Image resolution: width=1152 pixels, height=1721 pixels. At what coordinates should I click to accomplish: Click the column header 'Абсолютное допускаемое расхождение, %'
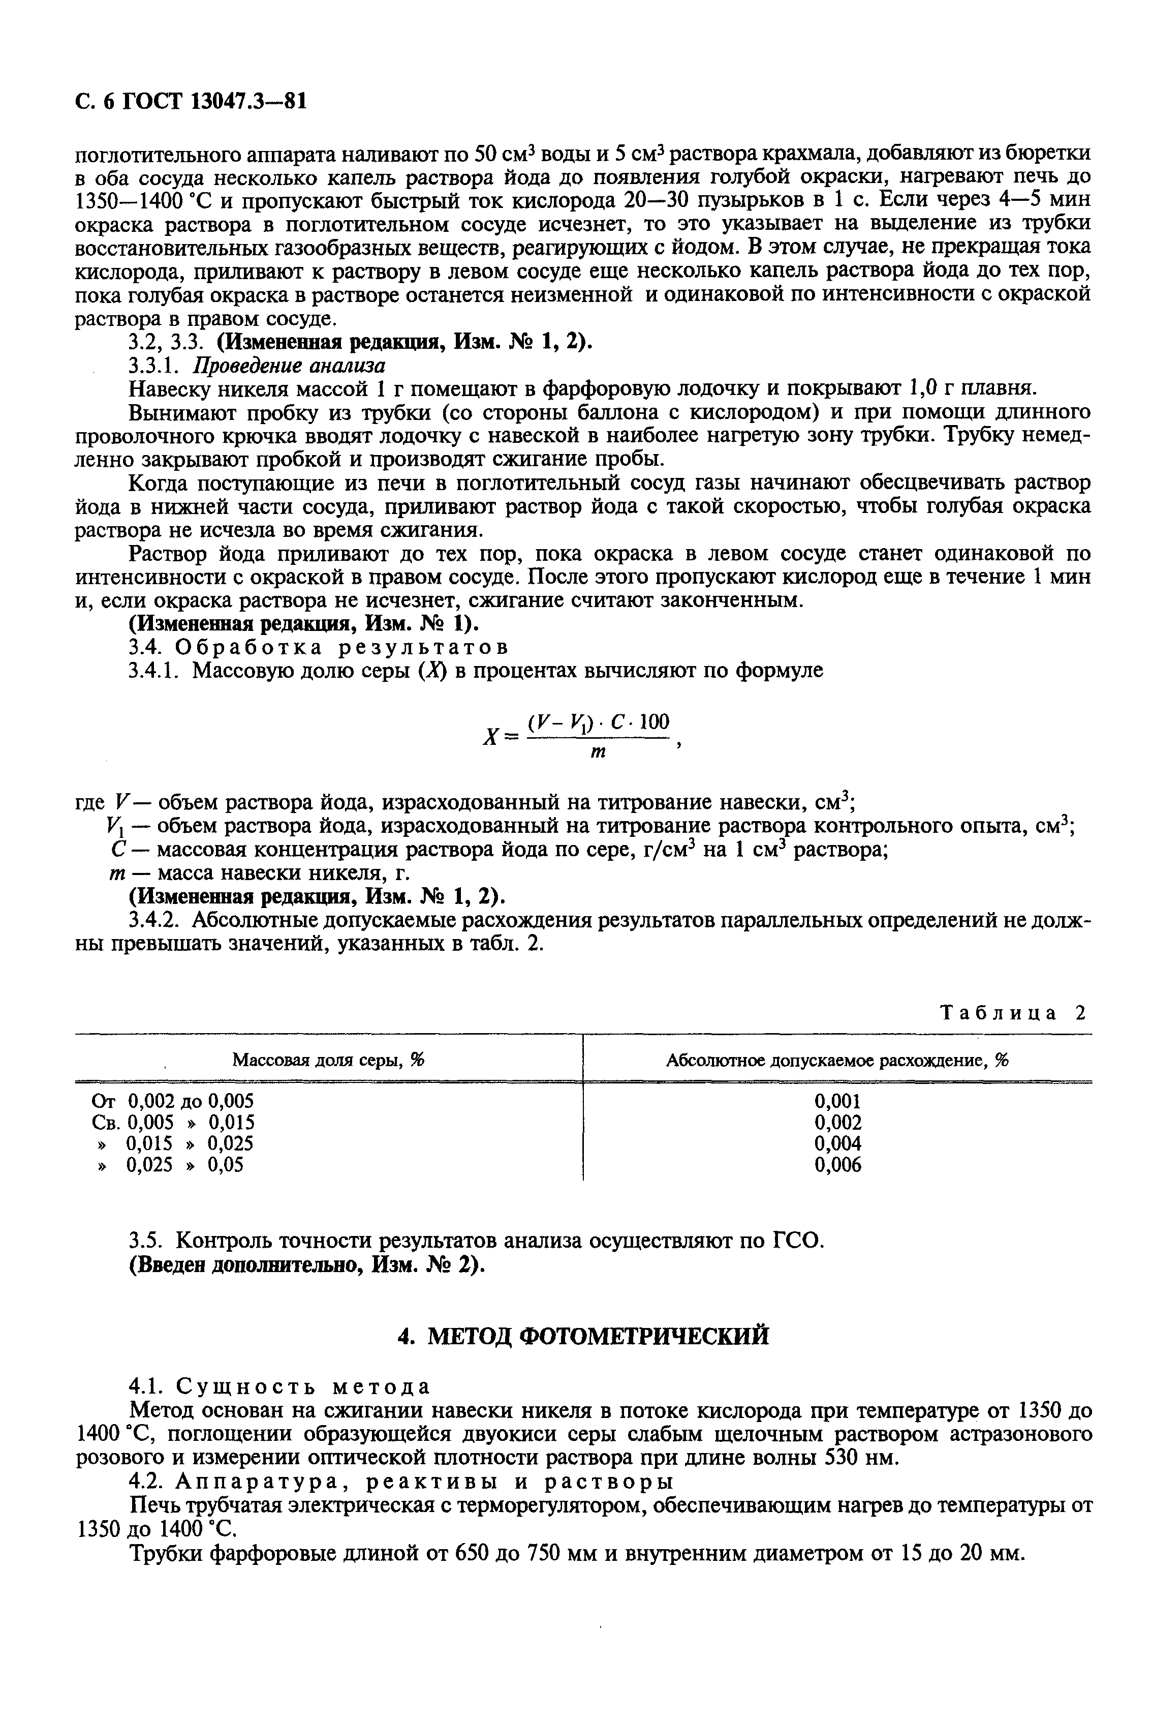(x=837, y=1060)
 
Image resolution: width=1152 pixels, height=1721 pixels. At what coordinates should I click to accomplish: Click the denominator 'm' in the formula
(x=598, y=752)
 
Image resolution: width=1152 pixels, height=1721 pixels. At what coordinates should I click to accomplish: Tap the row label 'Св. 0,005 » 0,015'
(x=173, y=1122)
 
